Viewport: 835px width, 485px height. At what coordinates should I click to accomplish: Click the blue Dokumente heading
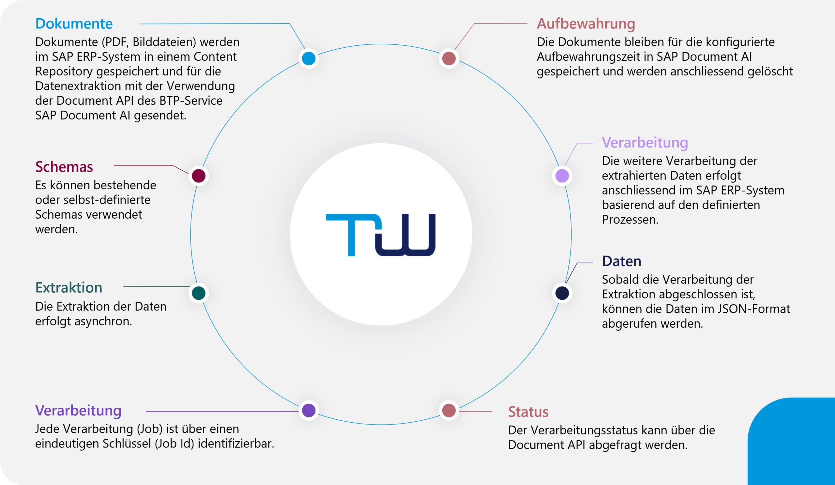click(x=74, y=24)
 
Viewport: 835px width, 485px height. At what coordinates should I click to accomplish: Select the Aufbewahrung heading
click(x=585, y=24)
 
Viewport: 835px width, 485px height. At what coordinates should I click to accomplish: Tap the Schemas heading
click(x=64, y=167)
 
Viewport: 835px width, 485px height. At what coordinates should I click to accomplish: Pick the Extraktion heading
click(x=68, y=288)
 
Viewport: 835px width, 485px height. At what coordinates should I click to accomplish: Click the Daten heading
click(x=621, y=261)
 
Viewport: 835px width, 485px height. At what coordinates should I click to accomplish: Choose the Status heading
click(x=528, y=412)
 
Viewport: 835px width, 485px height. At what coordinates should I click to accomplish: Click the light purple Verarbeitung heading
click(x=645, y=143)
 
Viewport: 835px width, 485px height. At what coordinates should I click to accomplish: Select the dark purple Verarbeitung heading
click(x=78, y=410)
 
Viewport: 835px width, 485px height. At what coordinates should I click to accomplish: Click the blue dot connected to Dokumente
click(x=309, y=58)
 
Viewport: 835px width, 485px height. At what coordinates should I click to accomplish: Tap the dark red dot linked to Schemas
click(x=199, y=176)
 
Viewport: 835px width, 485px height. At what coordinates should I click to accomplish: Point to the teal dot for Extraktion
click(x=199, y=293)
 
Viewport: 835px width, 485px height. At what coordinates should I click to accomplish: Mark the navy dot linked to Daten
click(x=562, y=293)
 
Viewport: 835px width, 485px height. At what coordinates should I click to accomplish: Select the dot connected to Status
click(x=448, y=410)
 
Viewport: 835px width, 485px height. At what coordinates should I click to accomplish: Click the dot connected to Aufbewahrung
click(x=448, y=58)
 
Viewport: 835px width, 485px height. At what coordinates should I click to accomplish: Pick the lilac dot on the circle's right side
click(x=562, y=176)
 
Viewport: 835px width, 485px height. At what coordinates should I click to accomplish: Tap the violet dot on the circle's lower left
click(x=309, y=410)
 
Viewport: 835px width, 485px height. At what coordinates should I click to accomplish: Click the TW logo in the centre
click(x=381, y=235)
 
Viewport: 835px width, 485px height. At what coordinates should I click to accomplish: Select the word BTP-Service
click(x=190, y=101)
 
